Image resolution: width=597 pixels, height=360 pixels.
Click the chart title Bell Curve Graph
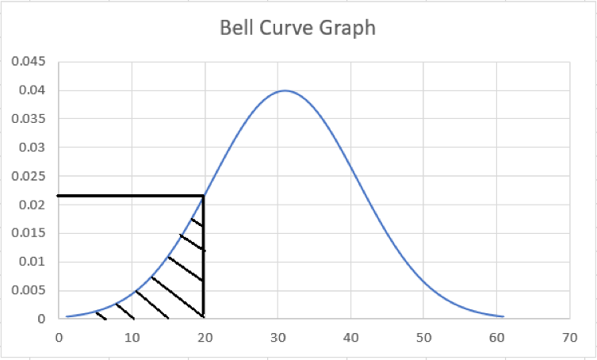pos(297,29)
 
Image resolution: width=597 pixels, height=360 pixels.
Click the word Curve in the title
pos(293,29)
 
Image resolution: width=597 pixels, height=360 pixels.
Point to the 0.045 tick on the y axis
pos(31,62)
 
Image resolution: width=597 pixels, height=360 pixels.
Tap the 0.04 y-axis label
pos(34,90)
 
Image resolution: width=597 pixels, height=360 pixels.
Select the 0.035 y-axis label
pos(31,119)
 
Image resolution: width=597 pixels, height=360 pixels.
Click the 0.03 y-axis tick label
pos(34,147)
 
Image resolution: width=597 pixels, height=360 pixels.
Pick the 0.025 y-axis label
pos(31,176)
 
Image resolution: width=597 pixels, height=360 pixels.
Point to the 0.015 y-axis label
pos(31,233)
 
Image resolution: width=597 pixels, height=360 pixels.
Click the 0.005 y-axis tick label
pos(31,290)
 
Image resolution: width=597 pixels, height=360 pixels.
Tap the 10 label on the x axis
pos(132,337)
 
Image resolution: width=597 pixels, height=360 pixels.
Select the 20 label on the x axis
pos(205,337)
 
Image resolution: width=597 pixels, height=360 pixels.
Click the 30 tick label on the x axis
pos(277,337)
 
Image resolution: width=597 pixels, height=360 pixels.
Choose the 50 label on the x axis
pos(423,337)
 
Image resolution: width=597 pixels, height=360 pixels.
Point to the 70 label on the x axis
pos(569,337)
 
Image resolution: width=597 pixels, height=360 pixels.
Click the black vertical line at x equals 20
pos(204,262)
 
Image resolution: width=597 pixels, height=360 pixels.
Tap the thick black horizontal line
pos(127,195)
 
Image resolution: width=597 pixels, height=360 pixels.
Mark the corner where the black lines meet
pos(204,195)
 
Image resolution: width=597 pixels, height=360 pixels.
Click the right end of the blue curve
pos(503,316)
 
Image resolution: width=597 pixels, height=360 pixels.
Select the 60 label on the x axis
pos(496,337)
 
